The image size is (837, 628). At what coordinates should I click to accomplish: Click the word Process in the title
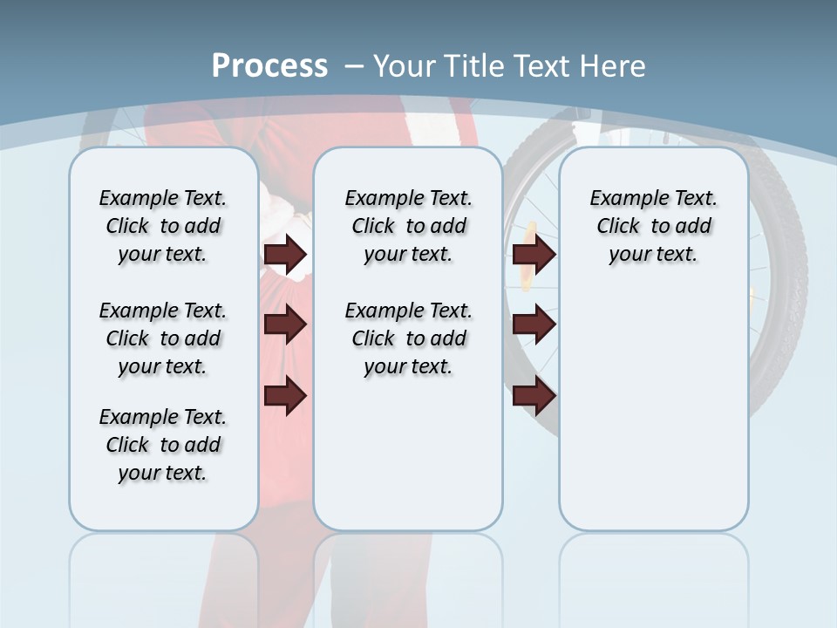[x=269, y=66]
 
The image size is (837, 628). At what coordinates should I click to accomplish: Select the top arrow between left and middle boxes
[x=285, y=255]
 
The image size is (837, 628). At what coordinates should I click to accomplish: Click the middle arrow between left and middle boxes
[x=285, y=325]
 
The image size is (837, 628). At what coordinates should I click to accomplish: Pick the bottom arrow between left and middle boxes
[x=285, y=397]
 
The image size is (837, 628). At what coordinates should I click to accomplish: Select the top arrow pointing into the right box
[x=534, y=255]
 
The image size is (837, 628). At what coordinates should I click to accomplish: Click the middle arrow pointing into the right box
[x=534, y=325]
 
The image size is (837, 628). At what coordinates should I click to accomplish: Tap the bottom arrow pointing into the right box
[x=534, y=397]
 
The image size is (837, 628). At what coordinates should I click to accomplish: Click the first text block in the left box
[x=163, y=226]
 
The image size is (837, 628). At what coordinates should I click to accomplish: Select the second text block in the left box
[x=163, y=338]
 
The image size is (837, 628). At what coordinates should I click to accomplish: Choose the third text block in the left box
[x=163, y=445]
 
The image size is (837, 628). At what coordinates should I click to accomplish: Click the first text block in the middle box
[x=408, y=226]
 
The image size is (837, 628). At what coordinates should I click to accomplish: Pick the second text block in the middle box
[x=408, y=338]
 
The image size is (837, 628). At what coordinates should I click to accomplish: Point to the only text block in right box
[x=653, y=226]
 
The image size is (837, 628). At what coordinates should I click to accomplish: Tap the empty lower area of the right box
[x=653, y=419]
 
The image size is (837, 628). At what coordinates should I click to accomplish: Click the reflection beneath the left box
[x=163, y=576]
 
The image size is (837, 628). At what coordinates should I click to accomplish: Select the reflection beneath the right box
[x=653, y=576]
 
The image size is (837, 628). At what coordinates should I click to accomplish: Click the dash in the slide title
[x=354, y=67]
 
